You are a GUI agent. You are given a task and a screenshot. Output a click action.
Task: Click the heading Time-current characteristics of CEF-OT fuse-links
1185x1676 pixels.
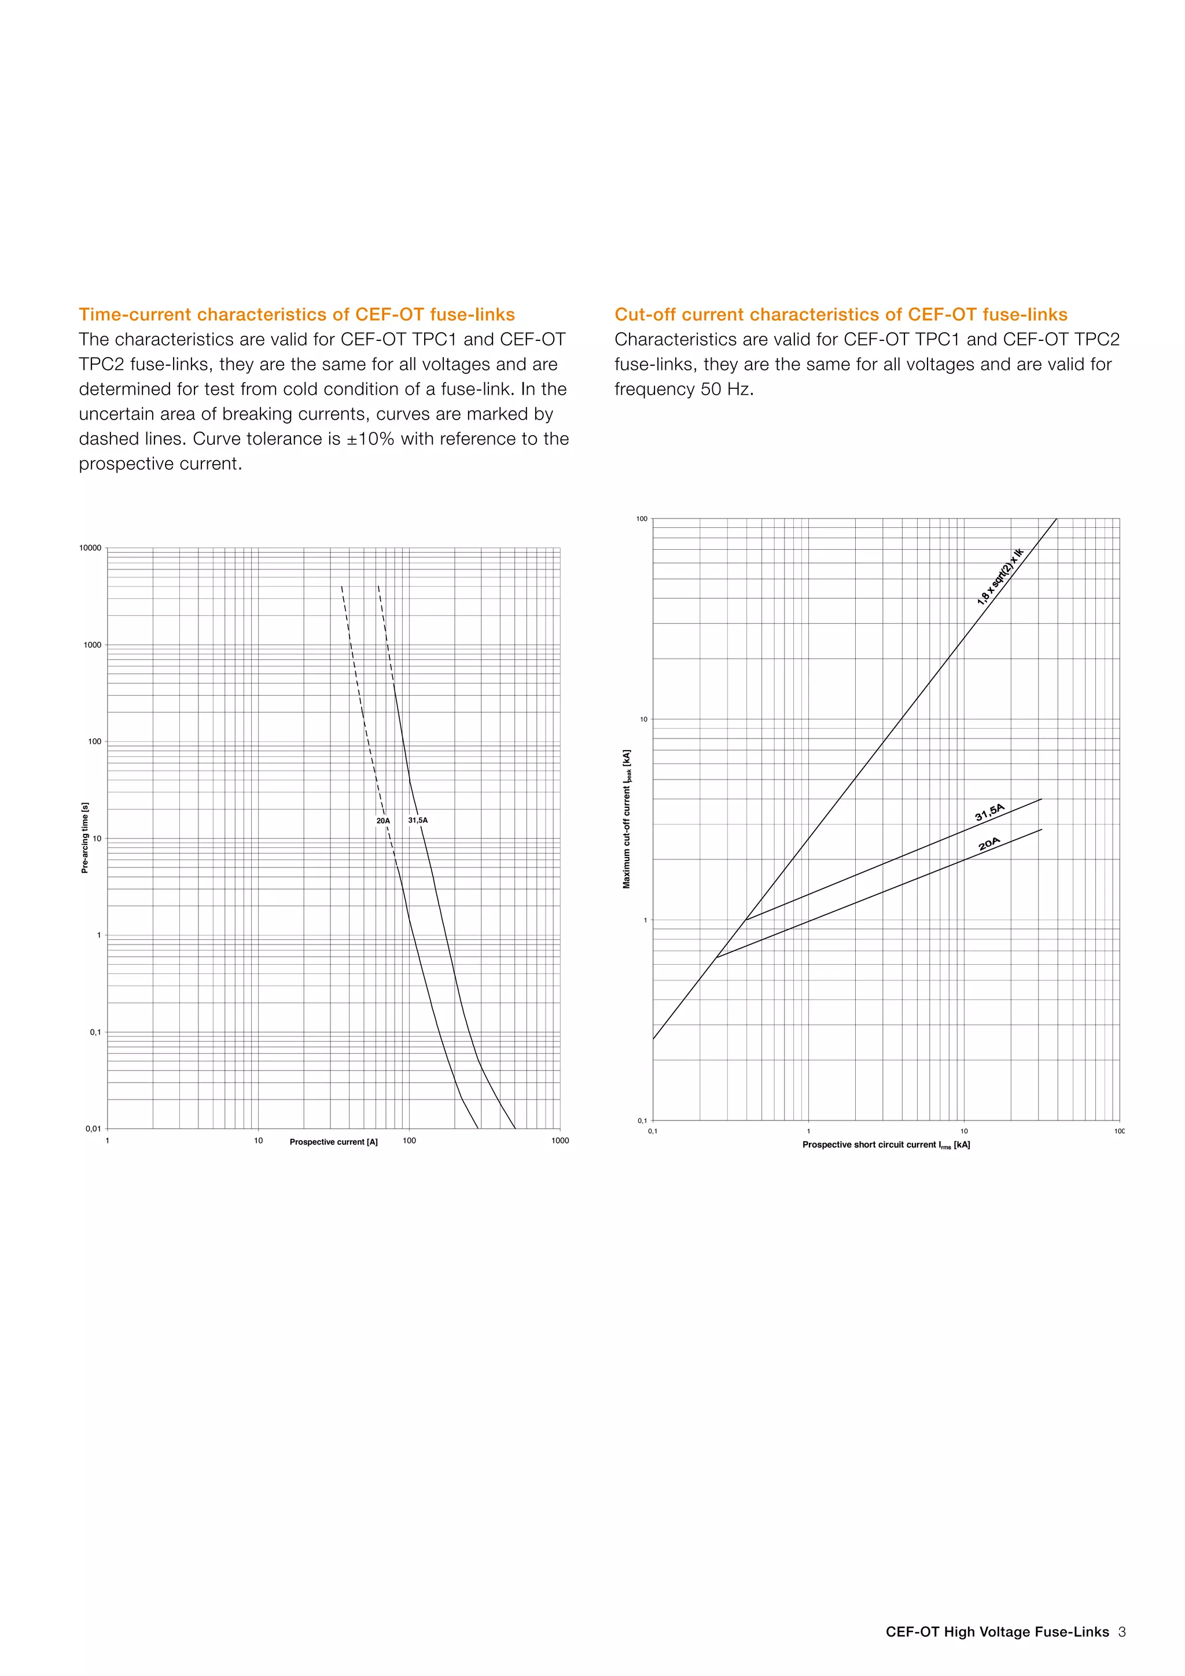click(296, 315)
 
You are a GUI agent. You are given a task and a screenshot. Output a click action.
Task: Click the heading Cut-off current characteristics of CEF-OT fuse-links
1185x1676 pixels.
click(841, 315)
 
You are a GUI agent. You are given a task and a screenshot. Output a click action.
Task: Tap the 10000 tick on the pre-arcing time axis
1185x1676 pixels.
click(90, 547)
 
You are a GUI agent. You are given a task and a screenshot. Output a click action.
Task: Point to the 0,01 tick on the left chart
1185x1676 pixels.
click(93, 1129)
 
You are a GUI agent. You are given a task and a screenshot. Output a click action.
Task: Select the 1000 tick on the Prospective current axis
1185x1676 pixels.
click(560, 1140)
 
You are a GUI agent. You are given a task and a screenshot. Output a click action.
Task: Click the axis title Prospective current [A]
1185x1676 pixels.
click(333, 1142)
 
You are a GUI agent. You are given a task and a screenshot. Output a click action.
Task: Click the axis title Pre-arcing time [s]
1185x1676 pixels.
click(84, 837)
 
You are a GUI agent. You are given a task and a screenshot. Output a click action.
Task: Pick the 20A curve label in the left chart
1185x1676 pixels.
click(383, 821)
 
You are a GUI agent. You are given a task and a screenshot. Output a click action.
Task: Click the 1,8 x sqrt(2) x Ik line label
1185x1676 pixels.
click(1000, 576)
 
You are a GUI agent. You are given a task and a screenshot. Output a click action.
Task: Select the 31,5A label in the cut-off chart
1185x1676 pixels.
click(989, 813)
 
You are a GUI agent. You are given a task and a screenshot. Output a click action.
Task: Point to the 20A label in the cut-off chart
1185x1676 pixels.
click(989, 844)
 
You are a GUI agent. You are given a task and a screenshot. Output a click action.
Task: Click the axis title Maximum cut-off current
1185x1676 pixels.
click(627, 818)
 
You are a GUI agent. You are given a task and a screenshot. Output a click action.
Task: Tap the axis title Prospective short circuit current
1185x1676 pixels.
click(886, 1145)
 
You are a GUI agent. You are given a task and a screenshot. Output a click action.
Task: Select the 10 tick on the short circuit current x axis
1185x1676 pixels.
click(964, 1131)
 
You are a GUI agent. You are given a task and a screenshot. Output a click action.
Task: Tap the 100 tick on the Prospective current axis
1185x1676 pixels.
click(409, 1140)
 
